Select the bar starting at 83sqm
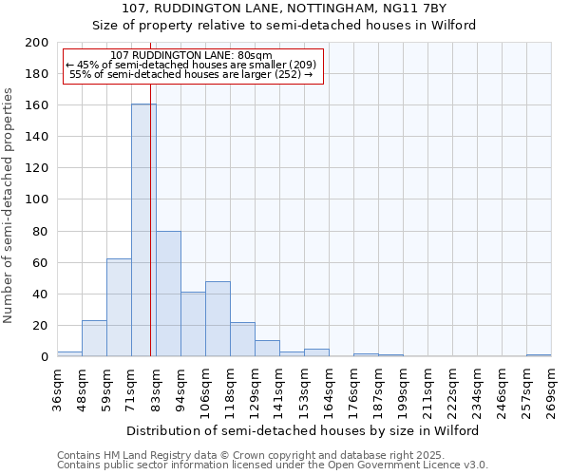click(x=168, y=294)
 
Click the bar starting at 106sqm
click(x=218, y=319)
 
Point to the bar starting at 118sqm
click(x=242, y=339)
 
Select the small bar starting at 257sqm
click(x=539, y=355)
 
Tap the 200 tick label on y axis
click(x=37, y=43)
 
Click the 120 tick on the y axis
click(x=37, y=168)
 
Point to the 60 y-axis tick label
click(x=41, y=262)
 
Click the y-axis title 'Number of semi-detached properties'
click(x=9, y=205)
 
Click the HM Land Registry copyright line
click(x=272, y=455)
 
